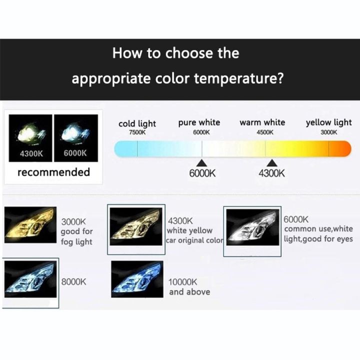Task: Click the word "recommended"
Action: (x=53, y=172)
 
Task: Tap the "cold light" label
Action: (x=137, y=123)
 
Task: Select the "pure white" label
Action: (x=199, y=122)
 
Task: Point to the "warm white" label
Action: (x=262, y=122)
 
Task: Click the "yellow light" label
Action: (x=328, y=122)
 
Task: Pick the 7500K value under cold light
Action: (x=137, y=132)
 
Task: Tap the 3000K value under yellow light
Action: (x=328, y=132)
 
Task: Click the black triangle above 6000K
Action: (x=202, y=163)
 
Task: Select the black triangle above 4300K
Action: (x=272, y=163)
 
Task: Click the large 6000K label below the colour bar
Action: (x=202, y=174)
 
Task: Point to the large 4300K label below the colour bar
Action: (x=272, y=174)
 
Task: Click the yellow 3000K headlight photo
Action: (x=28, y=226)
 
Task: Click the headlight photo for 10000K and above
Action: (x=136, y=282)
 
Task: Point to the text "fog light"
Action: (x=76, y=242)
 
